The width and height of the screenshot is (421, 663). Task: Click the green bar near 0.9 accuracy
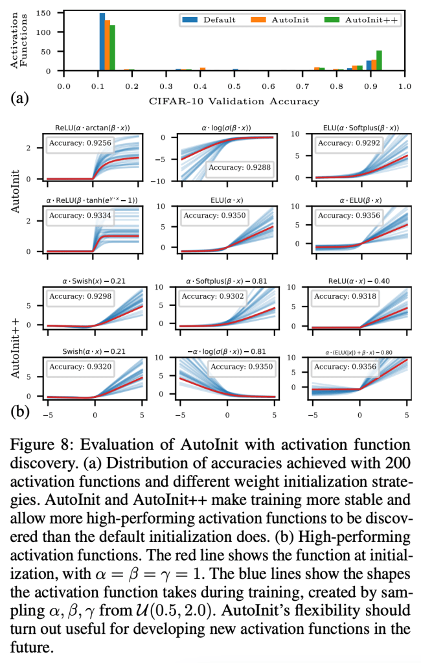click(x=379, y=60)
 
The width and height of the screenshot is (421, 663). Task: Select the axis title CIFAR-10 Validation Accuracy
click(x=234, y=100)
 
